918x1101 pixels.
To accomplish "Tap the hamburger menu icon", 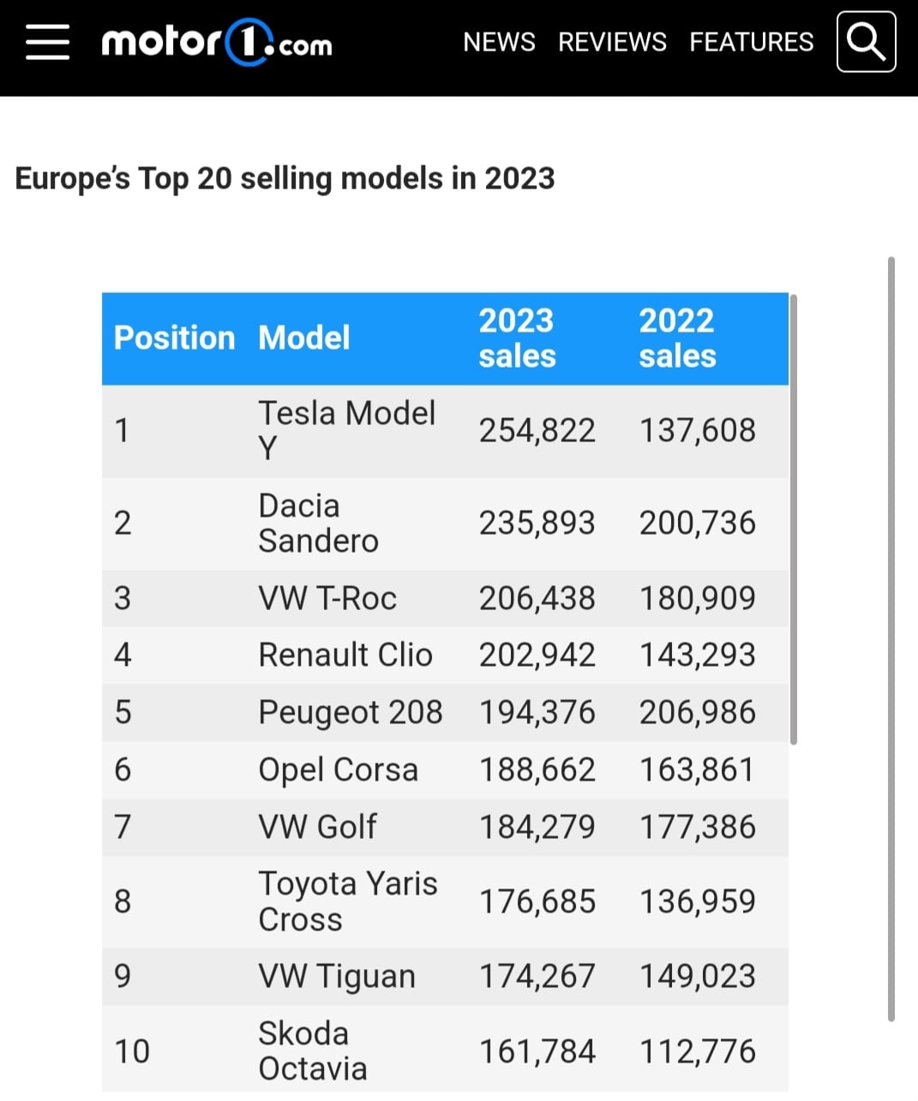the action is tap(47, 42).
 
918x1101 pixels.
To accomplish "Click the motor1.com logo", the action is tap(217, 42).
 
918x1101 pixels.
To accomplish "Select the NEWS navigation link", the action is tap(499, 42).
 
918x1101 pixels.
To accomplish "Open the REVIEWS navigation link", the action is tap(612, 42).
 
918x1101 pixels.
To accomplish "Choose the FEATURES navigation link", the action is tap(751, 42).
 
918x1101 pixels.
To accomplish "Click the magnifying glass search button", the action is tap(867, 42).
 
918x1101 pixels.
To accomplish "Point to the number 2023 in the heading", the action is tap(519, 177).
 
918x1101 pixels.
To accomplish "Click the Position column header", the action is tap(174, 338).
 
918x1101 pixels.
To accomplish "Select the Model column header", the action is tap(304, 338).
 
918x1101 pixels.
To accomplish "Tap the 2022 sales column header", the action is tap(677, 338).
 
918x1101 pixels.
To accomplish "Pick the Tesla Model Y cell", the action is tap(346, 430).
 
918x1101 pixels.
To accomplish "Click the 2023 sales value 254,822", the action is tap(537, 430).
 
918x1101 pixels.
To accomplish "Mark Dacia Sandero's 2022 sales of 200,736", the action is tap(698, 523).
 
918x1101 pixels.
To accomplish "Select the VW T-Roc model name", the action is tap(327, 599).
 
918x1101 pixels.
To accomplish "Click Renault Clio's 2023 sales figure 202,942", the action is tap(537, 655).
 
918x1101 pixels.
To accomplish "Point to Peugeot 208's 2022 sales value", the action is tap(698, 712).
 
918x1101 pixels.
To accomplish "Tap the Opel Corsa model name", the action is tap(339, 770).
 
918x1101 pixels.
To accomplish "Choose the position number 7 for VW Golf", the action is tap(123, 826).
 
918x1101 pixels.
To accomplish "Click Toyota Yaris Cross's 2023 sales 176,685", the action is tap(537, 901).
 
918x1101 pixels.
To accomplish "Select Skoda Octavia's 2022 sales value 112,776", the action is tap(698, 1051).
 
